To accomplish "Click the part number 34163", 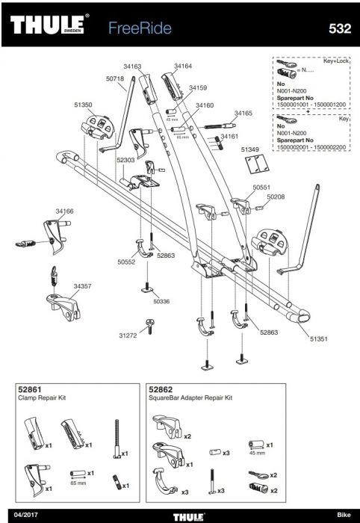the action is [x=132, y=66].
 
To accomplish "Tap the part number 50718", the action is [x=115, y=78].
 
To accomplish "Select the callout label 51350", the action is [x=83, y=105].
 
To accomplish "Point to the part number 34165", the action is [x=243, y=113].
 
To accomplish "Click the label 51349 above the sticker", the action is [x=250, y=149].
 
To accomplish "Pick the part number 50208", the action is [x=276, y=196].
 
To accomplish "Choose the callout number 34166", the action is [x=64, y=211].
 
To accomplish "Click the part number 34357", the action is [x=82, y=286].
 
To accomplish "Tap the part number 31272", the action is [x=128, y=335].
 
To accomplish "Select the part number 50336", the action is [x=161, y=302].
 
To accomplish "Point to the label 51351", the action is [x=319, y=339].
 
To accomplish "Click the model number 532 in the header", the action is [x=340, y=28].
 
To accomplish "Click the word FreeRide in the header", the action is [x=140, y=28].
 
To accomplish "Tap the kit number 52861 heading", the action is [x=30, y=389].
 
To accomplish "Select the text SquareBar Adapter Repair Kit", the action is [x=190, y=398].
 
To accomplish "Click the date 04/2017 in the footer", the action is [x=26, y=515].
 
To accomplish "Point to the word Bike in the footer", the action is [x=344, y=515].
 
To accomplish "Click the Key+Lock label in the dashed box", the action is [x=336, y=61].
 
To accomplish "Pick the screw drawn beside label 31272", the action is [x=150, y=326].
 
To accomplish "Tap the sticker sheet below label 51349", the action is [x=257, y=164].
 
